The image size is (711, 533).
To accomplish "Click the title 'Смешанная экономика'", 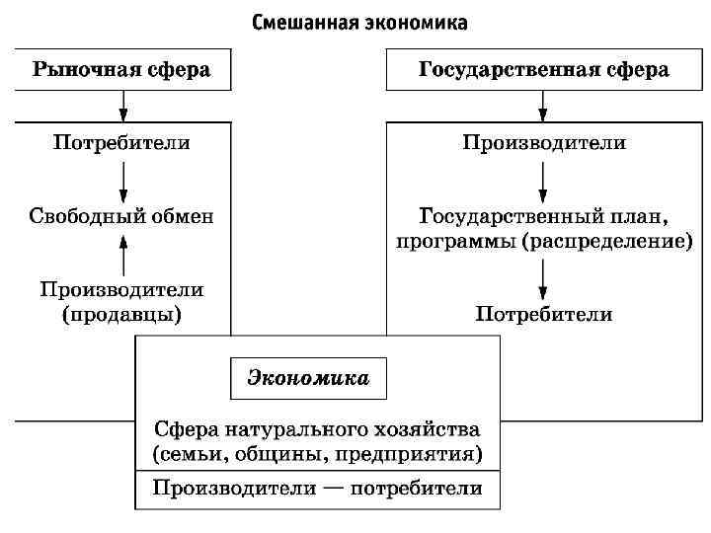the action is tap(359, 21).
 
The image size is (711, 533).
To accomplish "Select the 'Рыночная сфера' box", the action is tap(122, 70).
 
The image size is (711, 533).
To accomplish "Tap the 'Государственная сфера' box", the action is tap(543, 70).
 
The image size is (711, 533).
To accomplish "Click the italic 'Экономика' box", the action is tap(307, 378).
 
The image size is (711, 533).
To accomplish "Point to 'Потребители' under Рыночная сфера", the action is tap(122, 143).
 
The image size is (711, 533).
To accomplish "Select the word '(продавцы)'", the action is tap(122, 315).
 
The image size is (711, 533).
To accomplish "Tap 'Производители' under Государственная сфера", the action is tap(544, 143).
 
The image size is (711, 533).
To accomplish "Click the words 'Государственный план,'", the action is tap(544, 216).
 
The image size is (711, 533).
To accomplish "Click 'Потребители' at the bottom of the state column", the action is tap(544, 315).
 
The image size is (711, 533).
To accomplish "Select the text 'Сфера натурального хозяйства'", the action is tap(317, 430).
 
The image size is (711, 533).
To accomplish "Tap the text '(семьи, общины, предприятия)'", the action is tap(317, 454).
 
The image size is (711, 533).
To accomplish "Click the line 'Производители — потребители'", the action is tap(317, 489).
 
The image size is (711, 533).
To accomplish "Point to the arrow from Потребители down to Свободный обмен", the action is tap(122, 181).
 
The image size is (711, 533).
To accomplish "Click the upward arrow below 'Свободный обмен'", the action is tap(122, 254).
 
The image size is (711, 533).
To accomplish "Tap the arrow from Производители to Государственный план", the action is tap(544, 181).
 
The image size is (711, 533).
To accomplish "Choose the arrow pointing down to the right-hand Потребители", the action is tap(544, 280).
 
